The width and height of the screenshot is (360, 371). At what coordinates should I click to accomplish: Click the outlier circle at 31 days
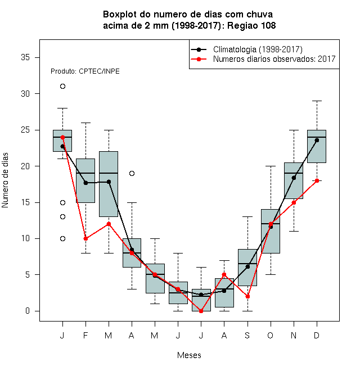[62, 87]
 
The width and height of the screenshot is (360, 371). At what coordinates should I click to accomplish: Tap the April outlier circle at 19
[132, 174]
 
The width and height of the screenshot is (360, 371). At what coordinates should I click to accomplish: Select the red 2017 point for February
[85, 238]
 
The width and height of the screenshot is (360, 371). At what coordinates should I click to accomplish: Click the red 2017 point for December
[317, 180]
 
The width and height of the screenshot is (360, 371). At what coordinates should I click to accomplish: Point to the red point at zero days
[201, 311]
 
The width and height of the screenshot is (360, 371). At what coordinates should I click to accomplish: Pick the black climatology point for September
[247, 266]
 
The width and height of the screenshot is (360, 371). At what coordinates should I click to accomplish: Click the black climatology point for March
[109, 182]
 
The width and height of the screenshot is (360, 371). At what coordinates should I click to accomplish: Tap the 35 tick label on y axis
[25, 57]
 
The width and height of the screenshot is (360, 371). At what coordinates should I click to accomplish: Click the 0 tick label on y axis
[28, 311]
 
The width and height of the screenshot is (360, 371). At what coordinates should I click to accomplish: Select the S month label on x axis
[247, 335]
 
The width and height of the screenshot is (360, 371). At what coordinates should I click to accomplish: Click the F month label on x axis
[85, 335]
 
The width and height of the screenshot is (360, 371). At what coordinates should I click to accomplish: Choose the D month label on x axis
[317, 335]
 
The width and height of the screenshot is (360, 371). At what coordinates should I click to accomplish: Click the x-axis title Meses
[189, 355]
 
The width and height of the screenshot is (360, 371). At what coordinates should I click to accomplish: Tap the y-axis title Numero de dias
[5, 180]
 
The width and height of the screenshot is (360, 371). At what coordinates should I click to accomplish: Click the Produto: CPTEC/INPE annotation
[85, 71]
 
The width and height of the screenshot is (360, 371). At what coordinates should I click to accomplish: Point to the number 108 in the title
[268, 25]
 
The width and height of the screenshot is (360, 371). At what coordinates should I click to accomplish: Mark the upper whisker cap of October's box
[271, 166]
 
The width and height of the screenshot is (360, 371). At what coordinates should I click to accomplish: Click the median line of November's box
[294, 173]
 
